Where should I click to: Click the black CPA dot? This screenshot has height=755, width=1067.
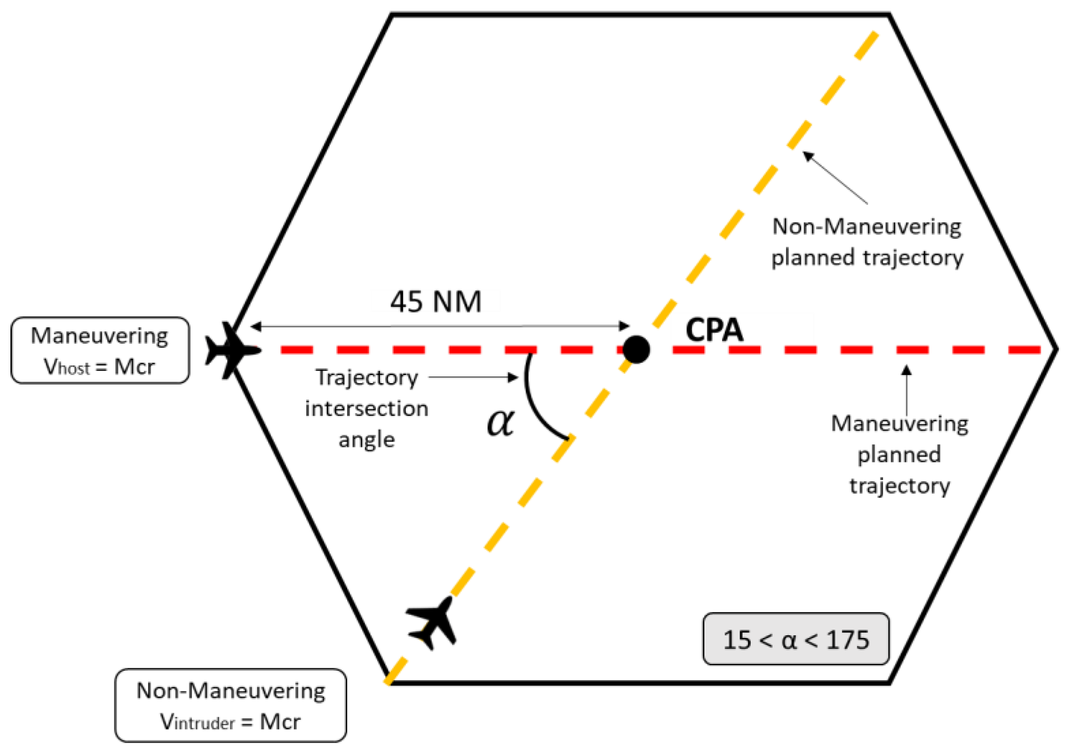[636, 349]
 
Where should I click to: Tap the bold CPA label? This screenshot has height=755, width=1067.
[714, 330]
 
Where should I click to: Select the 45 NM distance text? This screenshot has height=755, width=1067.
[436, 302]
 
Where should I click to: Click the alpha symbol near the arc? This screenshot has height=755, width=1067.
[501, 422]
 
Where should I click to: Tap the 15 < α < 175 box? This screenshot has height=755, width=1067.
[796, 639]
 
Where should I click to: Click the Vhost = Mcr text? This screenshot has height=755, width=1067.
[99, 367]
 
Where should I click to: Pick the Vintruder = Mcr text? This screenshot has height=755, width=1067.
[231, 721]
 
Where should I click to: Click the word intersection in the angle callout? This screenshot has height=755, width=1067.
[367, 409]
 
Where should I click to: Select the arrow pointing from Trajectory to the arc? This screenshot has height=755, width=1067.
[472, 377]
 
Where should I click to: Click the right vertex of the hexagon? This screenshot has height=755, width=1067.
[1056, 349]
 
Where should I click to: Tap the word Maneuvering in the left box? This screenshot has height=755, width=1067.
[99, 336]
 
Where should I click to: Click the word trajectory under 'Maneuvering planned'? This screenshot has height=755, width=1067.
[900, 486]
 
